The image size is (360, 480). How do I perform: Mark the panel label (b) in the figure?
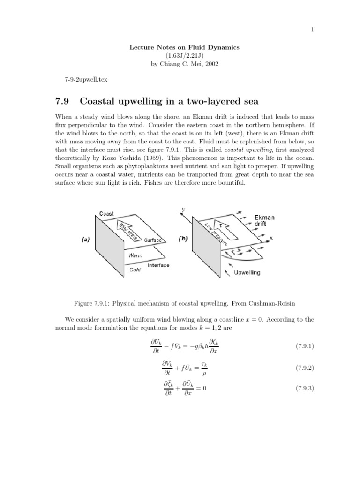point(183,239)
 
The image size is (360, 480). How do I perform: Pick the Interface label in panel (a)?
point(158,265)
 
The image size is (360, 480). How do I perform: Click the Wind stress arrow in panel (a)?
point(128,230)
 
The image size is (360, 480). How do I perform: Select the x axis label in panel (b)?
point(271,238)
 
